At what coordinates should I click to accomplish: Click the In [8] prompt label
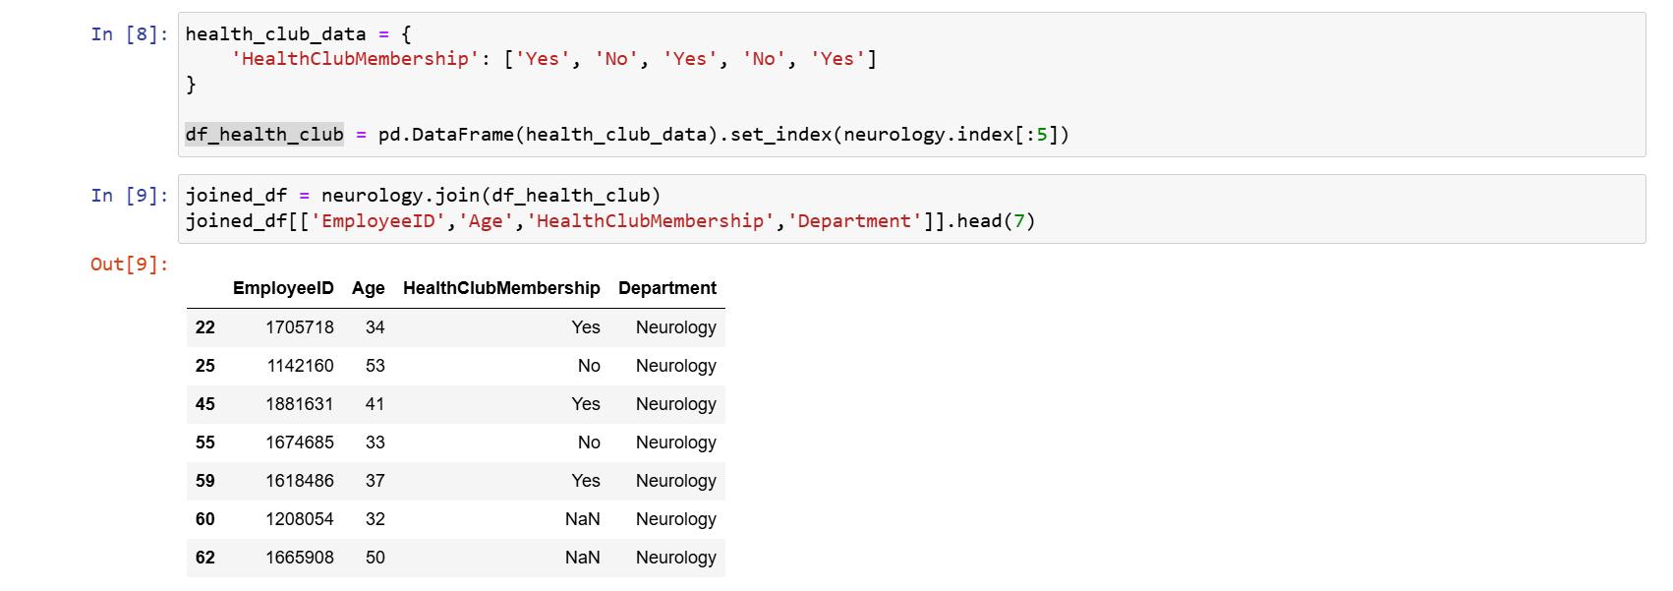129,34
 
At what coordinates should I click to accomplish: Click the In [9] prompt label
129,196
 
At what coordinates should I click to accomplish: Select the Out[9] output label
129,265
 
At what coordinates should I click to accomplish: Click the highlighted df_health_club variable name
264,135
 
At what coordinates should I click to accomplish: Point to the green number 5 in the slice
1042,135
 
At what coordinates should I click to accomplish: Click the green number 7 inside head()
1019,221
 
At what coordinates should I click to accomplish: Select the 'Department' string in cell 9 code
854,221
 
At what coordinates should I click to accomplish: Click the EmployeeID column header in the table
283,288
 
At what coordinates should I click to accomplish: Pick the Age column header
369,288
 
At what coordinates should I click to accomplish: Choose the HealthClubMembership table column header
501,288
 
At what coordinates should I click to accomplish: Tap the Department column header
667,288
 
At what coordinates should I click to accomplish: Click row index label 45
205,404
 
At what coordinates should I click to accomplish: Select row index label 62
205,558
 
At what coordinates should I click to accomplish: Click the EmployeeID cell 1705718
300,327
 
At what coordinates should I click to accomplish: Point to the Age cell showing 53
375,366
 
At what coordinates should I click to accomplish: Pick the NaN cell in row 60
582,519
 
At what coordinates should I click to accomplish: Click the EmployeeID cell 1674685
300,443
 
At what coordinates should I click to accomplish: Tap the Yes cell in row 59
586,481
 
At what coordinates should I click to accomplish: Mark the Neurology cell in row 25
676,366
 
